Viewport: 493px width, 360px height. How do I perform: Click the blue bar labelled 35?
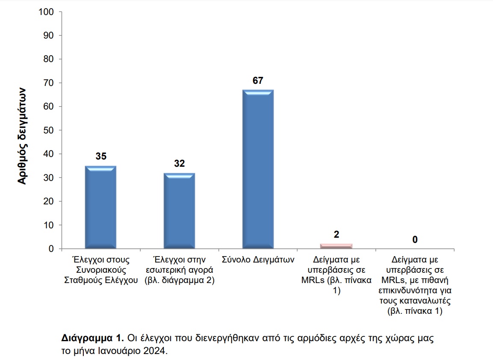coord(101,207)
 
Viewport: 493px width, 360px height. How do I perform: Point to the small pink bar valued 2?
coord(337,246)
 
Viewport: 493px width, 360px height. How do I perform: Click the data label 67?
coord(258,80)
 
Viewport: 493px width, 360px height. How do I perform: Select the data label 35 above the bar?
coord(101,156)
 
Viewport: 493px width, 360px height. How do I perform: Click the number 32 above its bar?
coord(179,164)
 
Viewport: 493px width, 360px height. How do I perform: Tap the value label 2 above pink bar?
coord(337,234)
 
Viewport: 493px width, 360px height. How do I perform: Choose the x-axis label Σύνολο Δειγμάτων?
coord(258,260)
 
